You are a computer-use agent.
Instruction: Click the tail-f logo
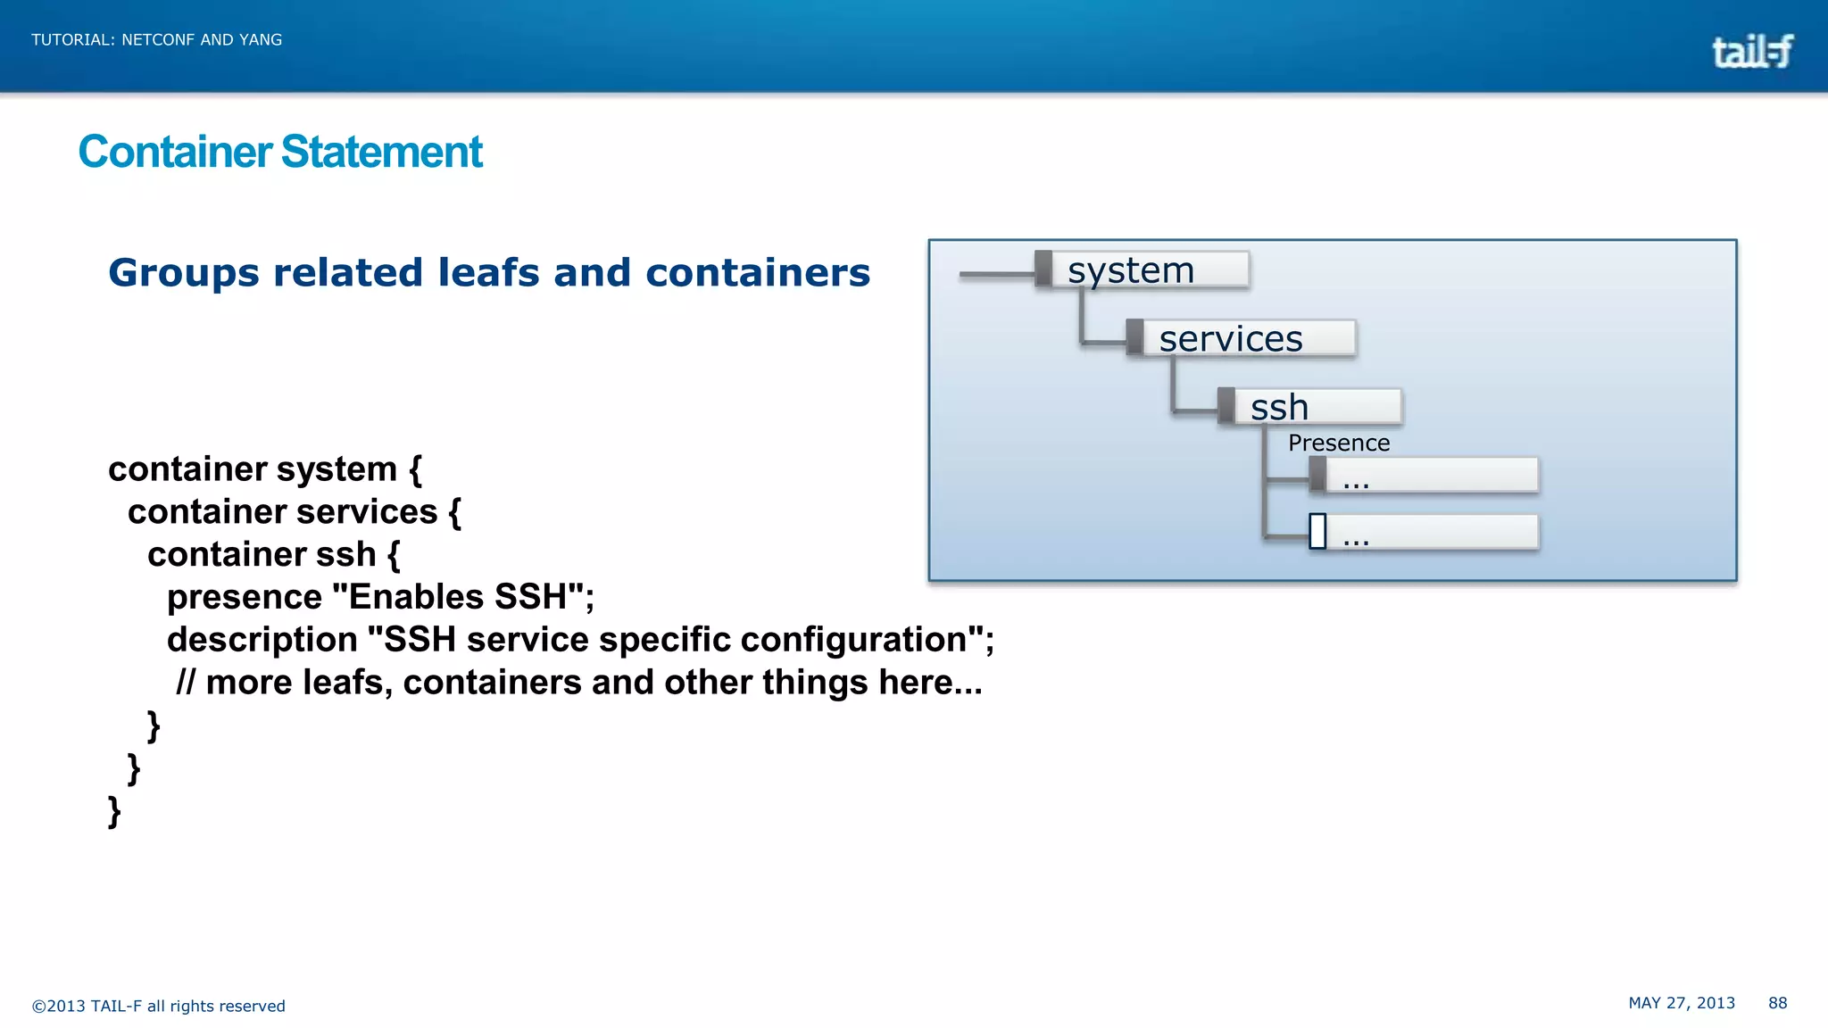pos(1751,52)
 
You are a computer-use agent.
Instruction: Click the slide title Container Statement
pos(280,152)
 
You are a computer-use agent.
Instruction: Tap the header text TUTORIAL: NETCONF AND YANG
pos(157,40)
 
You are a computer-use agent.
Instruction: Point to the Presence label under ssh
pos(1338,443)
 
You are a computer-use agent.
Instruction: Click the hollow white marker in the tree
pos(1317,532)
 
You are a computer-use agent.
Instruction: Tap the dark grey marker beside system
pos(1043,269)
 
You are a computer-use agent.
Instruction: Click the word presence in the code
pos(244,597)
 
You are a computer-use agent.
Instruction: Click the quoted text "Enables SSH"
pos(457,597)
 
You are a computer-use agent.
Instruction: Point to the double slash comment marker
pos(185,683)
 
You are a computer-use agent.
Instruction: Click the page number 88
pos(1777,1003)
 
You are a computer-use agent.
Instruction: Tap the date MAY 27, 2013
pos(1681,1003)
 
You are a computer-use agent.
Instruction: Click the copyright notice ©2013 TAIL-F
pos(158,1007)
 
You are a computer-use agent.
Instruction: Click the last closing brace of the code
pos(114,811)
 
